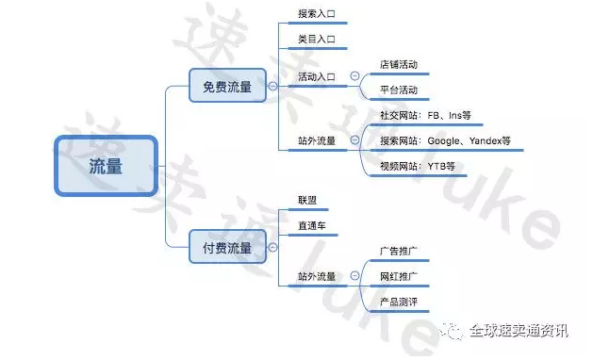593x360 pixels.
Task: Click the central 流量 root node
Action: (106, 165)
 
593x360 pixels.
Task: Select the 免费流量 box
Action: (227, 87)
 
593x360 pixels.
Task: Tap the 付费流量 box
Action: (227, 248)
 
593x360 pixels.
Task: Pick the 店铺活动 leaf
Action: (398, 65)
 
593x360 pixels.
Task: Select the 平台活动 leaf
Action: (398, 90)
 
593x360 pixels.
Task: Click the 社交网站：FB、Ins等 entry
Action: (424, 115)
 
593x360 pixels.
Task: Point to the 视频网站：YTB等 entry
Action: (417, 166)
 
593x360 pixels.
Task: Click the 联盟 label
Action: (307, 201)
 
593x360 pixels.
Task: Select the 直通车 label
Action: (311, 227)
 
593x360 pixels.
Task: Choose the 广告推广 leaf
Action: (398, 252)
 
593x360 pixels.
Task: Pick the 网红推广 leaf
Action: (398, 277)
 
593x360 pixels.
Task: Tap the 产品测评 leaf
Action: (398, 303)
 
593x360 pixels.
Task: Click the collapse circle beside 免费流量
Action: (273, 87)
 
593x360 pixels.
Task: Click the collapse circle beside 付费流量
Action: (273, 248)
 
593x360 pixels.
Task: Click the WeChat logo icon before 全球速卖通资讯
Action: (454, 331)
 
